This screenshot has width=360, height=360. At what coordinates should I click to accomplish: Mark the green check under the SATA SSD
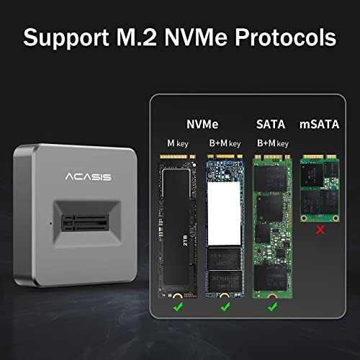click(273, 308)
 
